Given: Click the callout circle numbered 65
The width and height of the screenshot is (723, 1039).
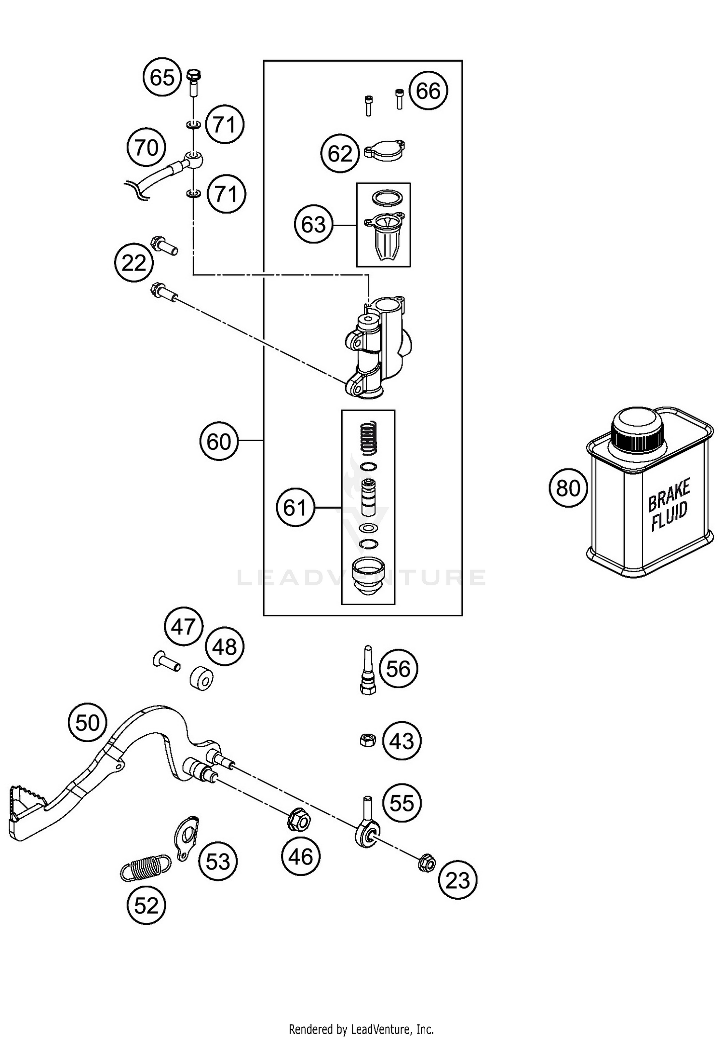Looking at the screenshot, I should point(162,77).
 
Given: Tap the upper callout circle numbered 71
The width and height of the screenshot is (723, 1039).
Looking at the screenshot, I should point(225,125).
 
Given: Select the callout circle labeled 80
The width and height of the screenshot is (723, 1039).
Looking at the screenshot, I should point(568,488).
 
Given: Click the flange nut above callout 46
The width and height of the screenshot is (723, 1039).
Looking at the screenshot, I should point(299,819).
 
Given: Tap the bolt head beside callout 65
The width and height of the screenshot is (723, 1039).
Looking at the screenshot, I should point(193,76).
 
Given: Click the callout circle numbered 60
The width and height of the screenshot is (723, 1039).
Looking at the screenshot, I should point(219,441).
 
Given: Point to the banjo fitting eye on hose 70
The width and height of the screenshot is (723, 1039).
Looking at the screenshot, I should point(193,158).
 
